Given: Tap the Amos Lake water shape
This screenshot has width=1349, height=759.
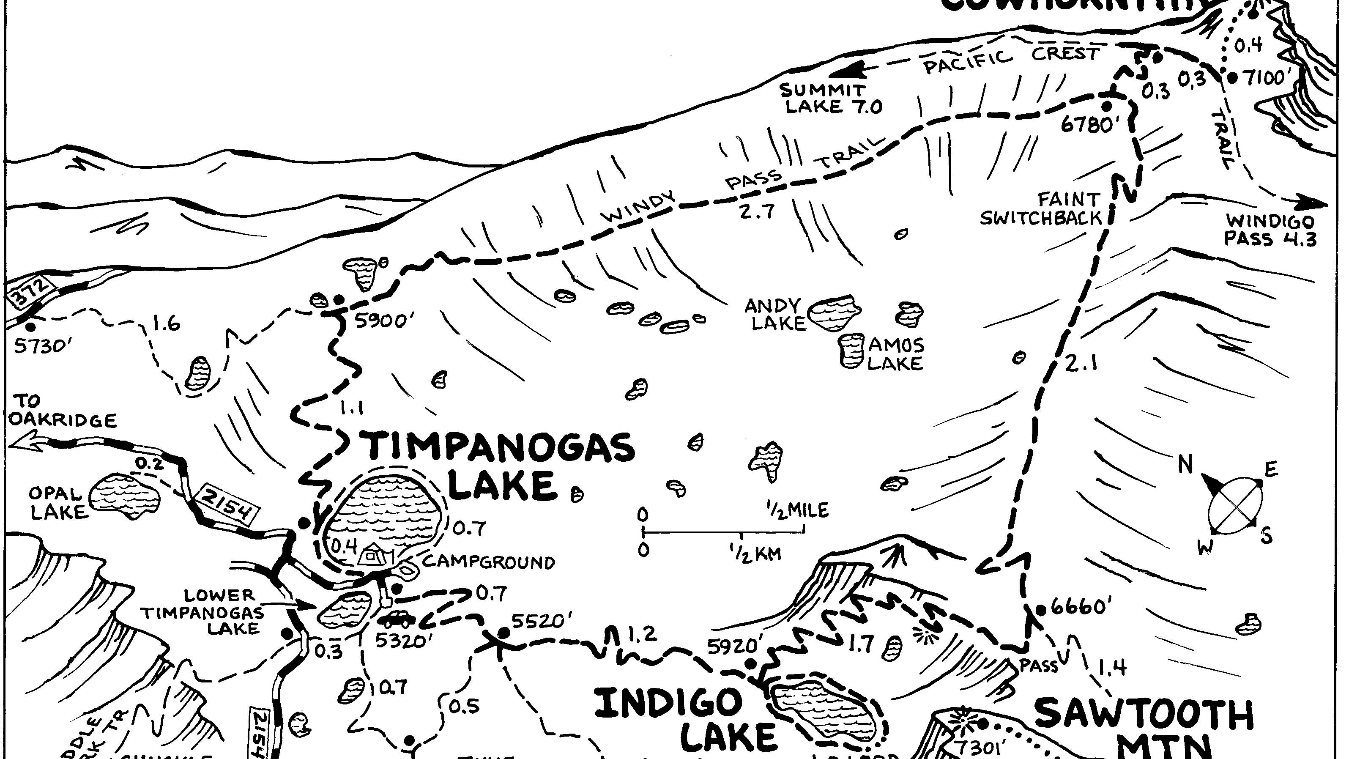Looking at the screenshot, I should click(x=852, y=350).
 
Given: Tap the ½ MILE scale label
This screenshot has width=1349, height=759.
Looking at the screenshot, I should click(x=798, y=510).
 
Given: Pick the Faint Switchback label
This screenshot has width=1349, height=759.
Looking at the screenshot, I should click(x=1041, y=208).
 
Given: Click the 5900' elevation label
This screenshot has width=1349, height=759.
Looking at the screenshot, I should click(x=381, y=321).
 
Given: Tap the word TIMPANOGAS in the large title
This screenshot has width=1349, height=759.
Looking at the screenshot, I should click(x=500, y=447).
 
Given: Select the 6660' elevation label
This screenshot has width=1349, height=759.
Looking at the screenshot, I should click(x=1080, y=608).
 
